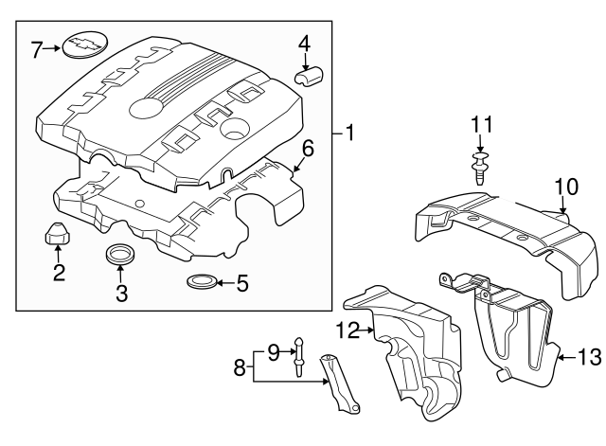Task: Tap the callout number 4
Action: [x=304, y=43]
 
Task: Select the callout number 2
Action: [x=59, y=274]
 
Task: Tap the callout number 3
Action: [x=121, y=294]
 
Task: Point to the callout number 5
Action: [x=241, y=282]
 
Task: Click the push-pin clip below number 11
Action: [x=481, y=169]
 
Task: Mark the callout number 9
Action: [x=273, y=351]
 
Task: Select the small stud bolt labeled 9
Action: [x=299, y=355]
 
